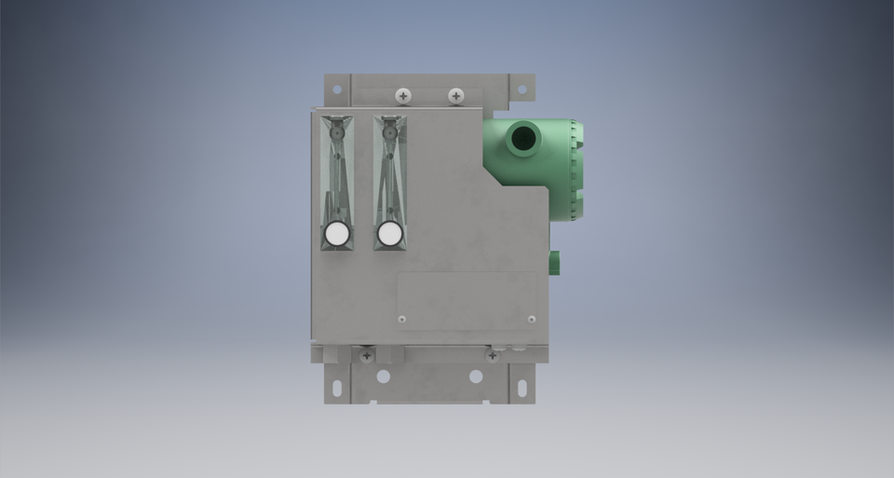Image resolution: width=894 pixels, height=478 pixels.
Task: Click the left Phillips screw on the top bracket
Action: coord(403,95)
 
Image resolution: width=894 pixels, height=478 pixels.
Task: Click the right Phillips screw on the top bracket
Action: coord(455,95)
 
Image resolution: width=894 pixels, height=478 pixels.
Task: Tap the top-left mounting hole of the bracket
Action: coord(336,89)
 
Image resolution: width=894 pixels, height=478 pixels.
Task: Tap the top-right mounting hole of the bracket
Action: coord(521,89)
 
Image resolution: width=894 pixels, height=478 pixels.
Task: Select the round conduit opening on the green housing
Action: coord(523,140)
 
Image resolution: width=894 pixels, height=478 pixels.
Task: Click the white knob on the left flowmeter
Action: coord(336,233)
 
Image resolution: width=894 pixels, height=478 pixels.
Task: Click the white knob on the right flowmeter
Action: coord(390,233)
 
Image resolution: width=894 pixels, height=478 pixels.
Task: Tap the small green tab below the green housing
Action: coord(554,261)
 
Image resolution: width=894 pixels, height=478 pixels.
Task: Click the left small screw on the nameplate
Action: coord(401,320)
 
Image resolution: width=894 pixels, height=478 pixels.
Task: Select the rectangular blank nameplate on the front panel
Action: coord(467,300)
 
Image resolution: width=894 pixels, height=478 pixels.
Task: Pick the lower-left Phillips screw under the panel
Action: coord(367,355)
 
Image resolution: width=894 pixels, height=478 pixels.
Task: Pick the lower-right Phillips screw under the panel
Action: coord(492,355)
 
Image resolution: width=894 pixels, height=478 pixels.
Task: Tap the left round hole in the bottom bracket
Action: coord(383,376)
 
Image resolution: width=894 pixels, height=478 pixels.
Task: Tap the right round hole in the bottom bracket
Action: coord(476,376)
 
